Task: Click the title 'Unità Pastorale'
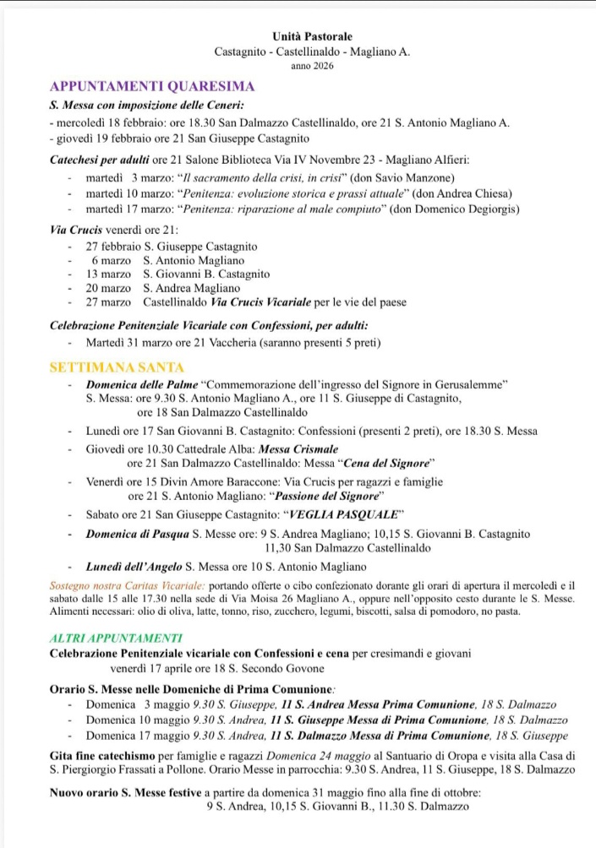tap(313, 36)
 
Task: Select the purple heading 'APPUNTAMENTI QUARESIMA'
tap(152, 87)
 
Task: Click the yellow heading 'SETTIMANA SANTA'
tap(117, 367)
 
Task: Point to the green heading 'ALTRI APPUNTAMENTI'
tap(116, 638)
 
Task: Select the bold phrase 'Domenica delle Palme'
tap(142, 384)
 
